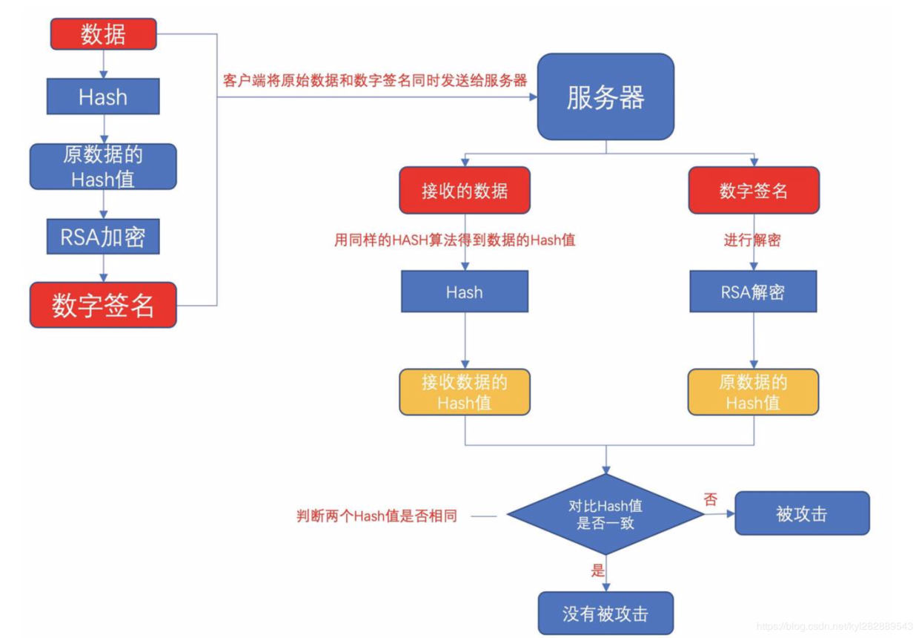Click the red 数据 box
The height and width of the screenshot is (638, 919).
click(x=103, y=35)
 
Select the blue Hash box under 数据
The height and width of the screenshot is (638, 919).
click(x=103, y=97)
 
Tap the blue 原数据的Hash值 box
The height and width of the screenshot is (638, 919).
click(x=103, y=167)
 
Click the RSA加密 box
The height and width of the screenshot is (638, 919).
click(x=103, y=237)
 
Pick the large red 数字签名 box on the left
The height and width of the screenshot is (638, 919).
click(x=103, y=305)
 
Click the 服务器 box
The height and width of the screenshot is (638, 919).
click(x=606, y=97)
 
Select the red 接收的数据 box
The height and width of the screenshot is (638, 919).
click(x=465, y=191)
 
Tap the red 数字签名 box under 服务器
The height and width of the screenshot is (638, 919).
click(x=754, y=191)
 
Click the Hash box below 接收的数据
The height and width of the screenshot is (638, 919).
click(x=465, y=292)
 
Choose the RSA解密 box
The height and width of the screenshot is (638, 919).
click(x=753, y=292)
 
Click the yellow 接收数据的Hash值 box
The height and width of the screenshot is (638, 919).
click(x=465, y=392)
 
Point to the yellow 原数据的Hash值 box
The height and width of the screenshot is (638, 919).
click(x=753, y=392)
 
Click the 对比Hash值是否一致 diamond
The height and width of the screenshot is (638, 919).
click(x=606, y=514)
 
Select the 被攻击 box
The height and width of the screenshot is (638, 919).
click(x=802, y=513)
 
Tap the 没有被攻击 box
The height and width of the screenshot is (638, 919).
click(x=606, y=614)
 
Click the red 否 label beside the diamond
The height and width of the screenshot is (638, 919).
click(x=711, y=499)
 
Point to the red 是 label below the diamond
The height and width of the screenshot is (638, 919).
click(x=597, y=570)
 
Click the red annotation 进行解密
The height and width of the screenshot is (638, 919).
click(x=752, y=240)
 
